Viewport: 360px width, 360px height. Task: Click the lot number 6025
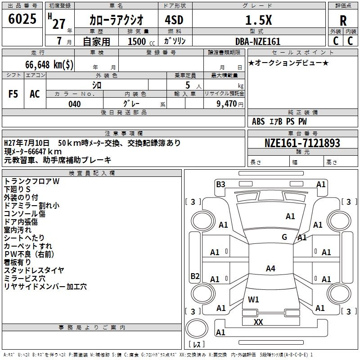[22, 19]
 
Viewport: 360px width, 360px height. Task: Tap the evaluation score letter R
[343, 20]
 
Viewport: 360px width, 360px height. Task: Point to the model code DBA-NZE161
[258, 41]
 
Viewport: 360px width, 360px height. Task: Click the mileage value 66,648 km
[49, 64]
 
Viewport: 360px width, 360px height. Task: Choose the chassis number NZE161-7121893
[302, 143]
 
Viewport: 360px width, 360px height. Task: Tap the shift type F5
[13, 94]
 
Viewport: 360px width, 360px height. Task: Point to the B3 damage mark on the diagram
[220, 184]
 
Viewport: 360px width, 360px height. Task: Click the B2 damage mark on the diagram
[195, 276]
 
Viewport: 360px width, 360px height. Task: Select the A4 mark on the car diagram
[270, 269]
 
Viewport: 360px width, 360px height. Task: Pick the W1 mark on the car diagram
[253, 299]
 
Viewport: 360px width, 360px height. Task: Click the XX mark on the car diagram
[258, 322]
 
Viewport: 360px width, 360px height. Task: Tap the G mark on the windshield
[284, 237]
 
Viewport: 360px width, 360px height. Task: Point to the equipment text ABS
[258, 121]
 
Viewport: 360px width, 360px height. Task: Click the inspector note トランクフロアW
[31, 181]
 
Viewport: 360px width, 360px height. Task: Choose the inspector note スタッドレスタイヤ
[34, 270]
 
